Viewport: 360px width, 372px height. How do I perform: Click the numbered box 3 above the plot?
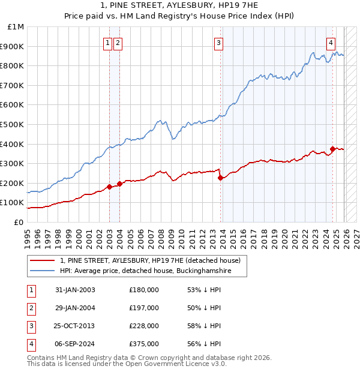tap(219, 43)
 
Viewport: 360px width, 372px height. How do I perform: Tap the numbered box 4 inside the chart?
tap(331, 43)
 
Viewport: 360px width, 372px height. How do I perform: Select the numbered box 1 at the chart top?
tap(107, 43)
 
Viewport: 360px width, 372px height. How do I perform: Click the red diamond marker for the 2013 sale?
tap(220, 178)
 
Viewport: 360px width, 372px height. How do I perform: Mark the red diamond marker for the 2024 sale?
tap(332, 149)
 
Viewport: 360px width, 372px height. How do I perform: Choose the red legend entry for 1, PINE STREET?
tap(150, 260)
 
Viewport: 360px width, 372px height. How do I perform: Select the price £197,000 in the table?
tap(144, 308)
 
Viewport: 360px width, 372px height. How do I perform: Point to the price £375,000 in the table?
tap(144, 344)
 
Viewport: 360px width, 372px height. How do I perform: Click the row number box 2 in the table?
tap(29, 308)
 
